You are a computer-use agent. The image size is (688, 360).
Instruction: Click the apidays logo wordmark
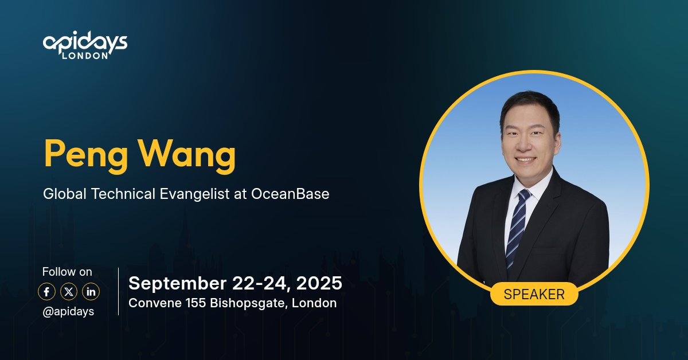(x=85, y=42)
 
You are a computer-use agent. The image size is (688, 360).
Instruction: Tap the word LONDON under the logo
(x=85, y=56)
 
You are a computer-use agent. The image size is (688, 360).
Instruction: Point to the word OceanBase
(x=290, y=194)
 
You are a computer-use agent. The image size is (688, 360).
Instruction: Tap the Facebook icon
(x=46, y=292)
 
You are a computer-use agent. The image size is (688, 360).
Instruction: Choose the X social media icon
(x=69, y=292)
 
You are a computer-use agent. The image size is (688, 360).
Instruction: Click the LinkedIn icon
(x=91, y=292)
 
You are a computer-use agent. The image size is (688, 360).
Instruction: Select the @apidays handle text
(x=68, y=311)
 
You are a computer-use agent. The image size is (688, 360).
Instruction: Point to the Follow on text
(x=67, y=272)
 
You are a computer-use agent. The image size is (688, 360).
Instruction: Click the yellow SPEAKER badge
(x=534, y=294)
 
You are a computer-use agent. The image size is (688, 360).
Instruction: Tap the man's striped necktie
(x=518, y=226)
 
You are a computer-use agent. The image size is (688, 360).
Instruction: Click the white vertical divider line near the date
(x=118, y=291)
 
